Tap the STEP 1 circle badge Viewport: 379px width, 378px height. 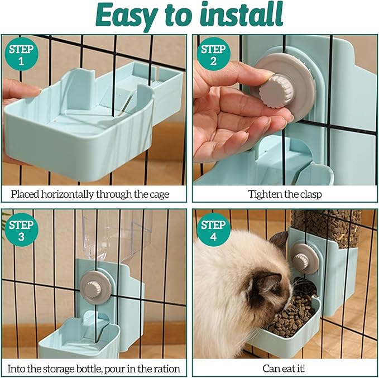pyautogui.click(x=21, y=55)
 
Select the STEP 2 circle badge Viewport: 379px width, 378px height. pyautogui.click(x=213, y=55)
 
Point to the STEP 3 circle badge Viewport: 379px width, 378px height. pyautogui.click(x=21, y=231)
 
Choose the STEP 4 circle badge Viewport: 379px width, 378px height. pyautogui.click(x=213, y=231)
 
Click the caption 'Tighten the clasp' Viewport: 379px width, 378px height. pyautogui.click(x=285, y=194)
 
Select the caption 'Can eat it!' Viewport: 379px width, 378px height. pyautogui.click(x=285, y=369)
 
